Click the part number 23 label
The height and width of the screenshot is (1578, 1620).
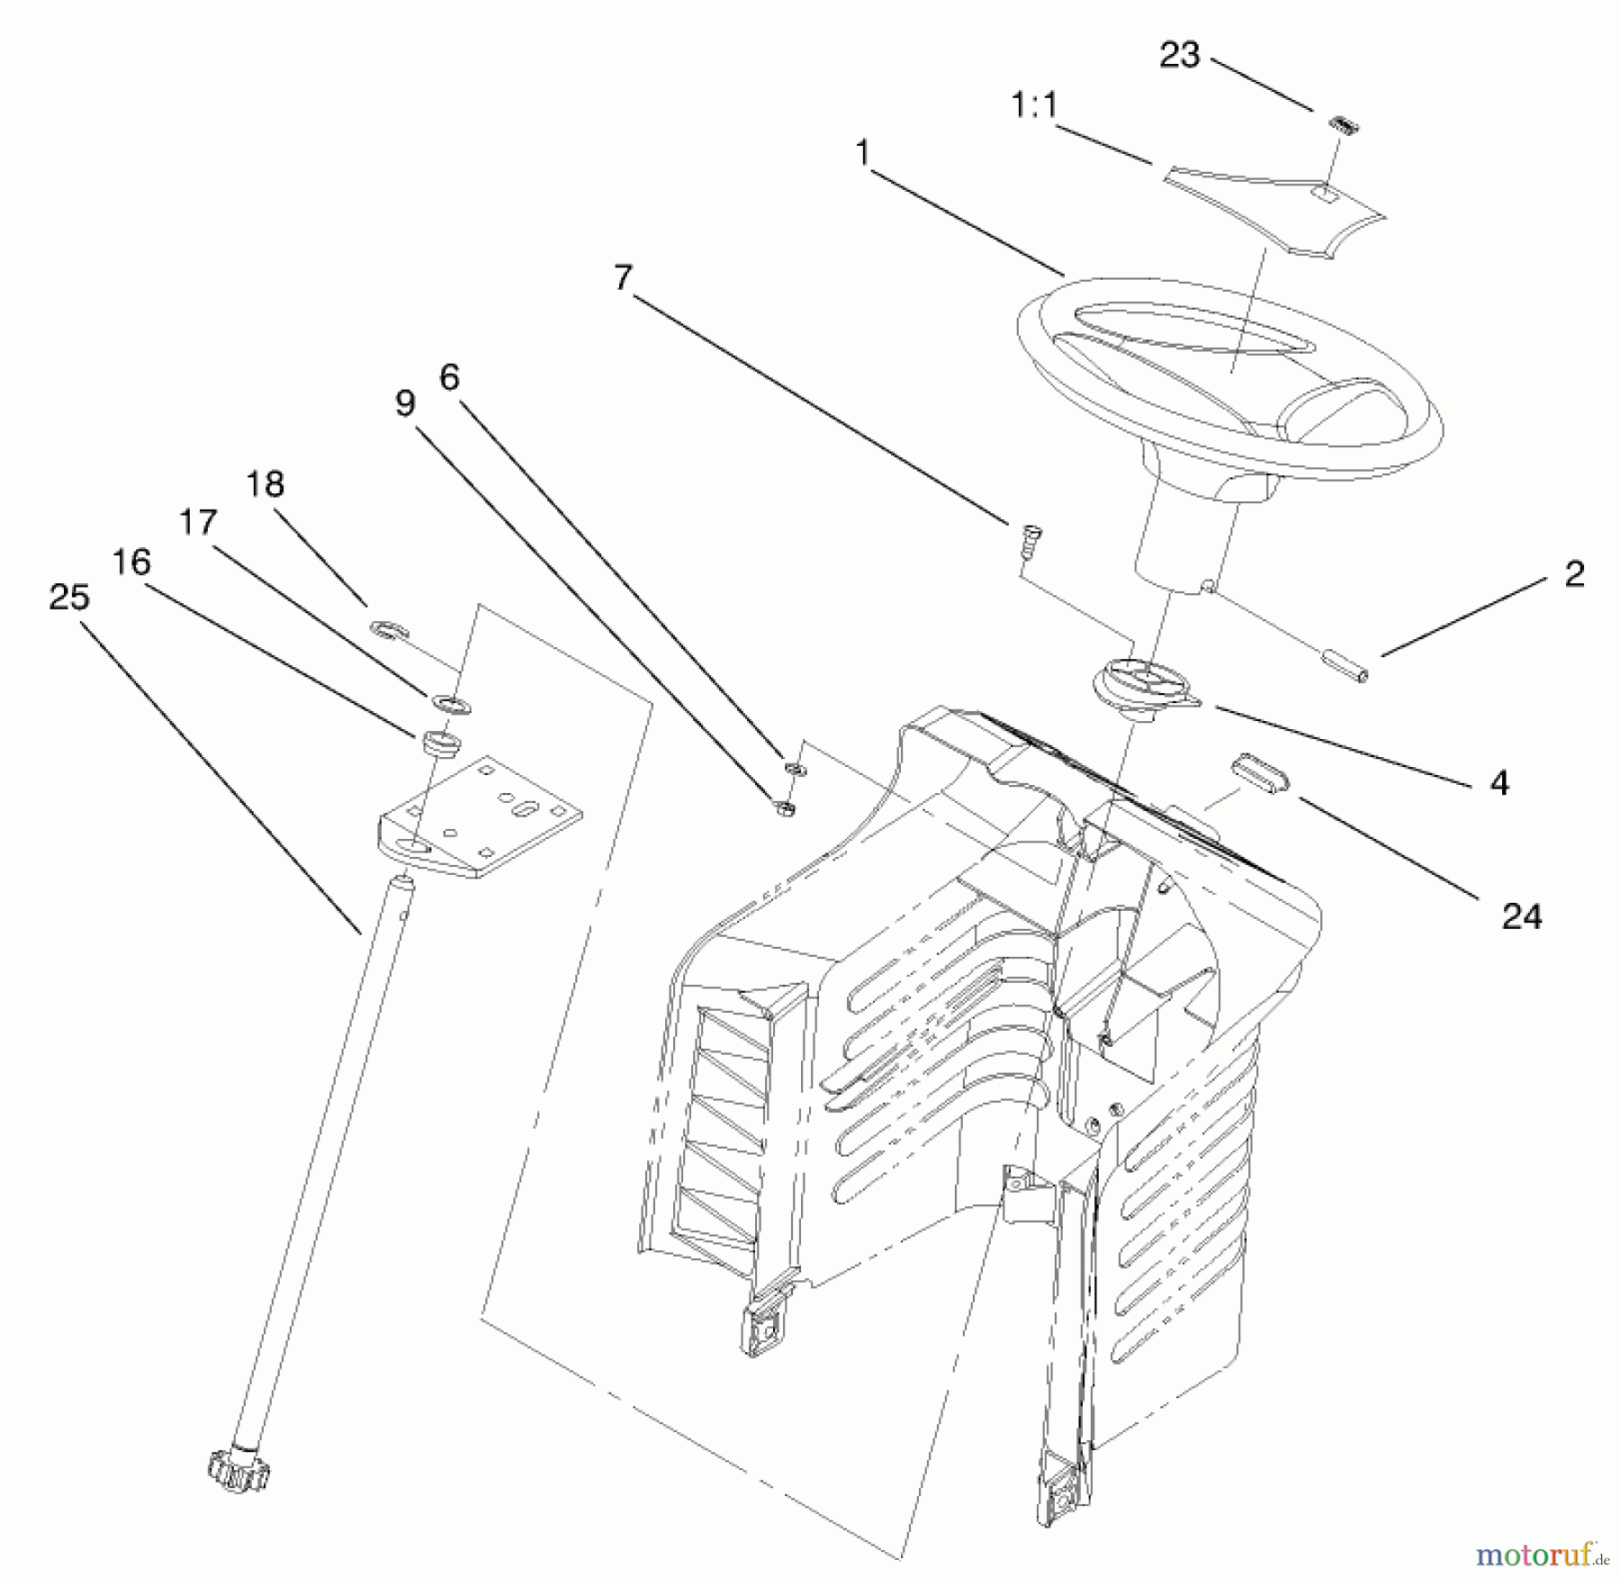[1179, 56]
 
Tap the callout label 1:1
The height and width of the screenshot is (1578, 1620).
[1034, 107]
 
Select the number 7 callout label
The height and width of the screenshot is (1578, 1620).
[623, 278]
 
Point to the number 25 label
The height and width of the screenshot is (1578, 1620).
[69, 597]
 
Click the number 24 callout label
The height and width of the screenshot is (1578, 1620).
[1521, 916]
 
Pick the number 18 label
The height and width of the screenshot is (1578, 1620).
[265, 484]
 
